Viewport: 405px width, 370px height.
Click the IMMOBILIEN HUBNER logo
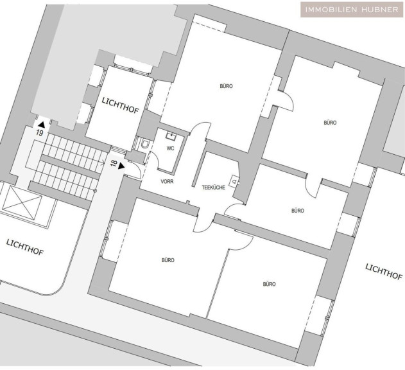point(351,10)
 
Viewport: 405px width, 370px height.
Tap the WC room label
point(170,148)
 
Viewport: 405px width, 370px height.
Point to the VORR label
point(168,182)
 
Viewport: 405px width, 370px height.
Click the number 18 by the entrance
point(114,164)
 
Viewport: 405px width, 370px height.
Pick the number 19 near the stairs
point(40,133)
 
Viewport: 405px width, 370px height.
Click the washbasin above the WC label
point(171,136)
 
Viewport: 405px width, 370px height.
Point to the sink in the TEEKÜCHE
point(235,181)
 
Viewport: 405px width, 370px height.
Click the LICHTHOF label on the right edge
point(384,272)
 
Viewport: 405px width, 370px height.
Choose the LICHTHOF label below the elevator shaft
point(24,247)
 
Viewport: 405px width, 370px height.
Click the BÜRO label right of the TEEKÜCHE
point(297,210)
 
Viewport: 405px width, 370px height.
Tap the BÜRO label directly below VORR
point(168,260)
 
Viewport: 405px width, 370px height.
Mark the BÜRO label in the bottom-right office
point(269,283)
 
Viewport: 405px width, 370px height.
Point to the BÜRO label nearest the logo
point(330,122)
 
